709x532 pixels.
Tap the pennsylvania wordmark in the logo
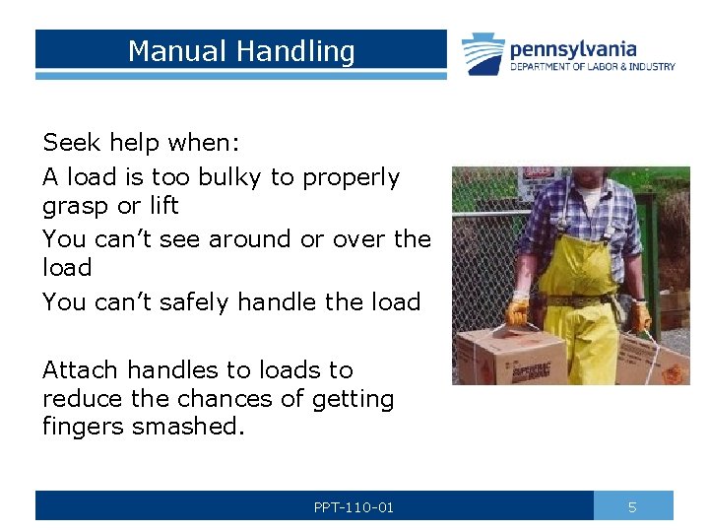[x=572, y=48]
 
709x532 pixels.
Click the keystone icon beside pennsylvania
[x=483, y=54]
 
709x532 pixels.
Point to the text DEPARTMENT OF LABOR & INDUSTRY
[x=592, y=67]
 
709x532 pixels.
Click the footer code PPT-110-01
[x=354, y=507]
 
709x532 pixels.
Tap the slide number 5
[x=632, y=507]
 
